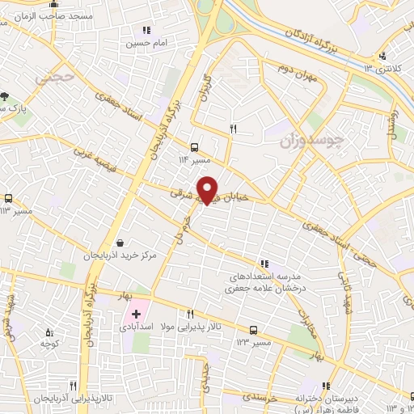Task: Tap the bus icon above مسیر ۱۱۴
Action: pyautogui.click(x=194, y=147)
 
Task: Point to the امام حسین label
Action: pyautogui.click(x=142, y=44)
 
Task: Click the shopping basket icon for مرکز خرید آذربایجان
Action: pyautogui.click(x=120, y=243)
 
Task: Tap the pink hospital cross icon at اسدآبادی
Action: pyautogui.click(x=136, y=313)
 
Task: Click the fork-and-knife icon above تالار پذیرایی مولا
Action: pyautogui.click(x=191, y=314)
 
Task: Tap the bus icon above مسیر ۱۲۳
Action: pyautogui.click(x=254, y=330)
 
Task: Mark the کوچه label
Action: pyautogui.click(x=51, y=344)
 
